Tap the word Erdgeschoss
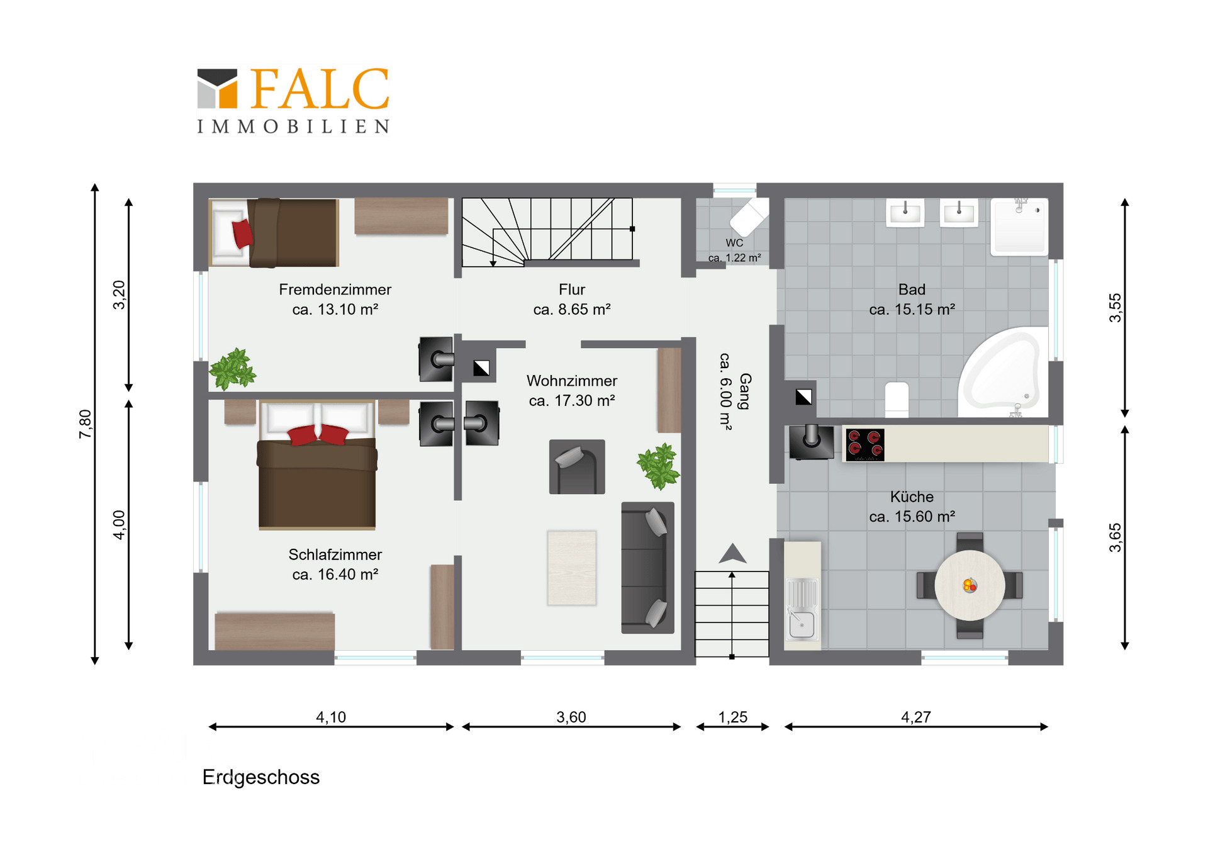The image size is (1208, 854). [x=261, y=778]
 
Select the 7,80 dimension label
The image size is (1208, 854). [x=86, y=424]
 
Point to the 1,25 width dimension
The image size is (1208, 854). [x=733, y=717]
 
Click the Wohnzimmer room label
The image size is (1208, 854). [x=572, y=381]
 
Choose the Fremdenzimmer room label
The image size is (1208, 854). [x=335, y=289]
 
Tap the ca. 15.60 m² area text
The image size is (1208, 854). [x=912, y=517]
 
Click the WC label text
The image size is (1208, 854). [x=734, y=243]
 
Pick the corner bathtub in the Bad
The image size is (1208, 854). [x=1003, y=371]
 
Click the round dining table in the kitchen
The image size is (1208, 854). [x=970, y=586]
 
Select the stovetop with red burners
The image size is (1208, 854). [x=864, y=444]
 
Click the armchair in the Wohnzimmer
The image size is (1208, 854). [x=577, y=467]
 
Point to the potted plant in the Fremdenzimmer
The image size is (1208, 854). [x=232, y=369]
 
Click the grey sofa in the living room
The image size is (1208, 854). [x=647, y=568]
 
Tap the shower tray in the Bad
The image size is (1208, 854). [x=1019, y=227]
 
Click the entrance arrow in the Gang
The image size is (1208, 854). [x=732, y=553]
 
